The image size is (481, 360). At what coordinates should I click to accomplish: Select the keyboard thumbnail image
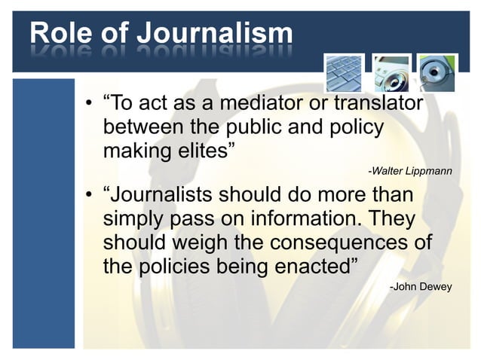345,73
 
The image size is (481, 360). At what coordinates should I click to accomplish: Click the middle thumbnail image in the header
392,73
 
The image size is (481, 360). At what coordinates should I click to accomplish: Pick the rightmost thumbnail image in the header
438,73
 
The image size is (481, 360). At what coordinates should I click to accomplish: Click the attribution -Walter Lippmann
409,172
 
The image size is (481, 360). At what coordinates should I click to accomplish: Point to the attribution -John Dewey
421,286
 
